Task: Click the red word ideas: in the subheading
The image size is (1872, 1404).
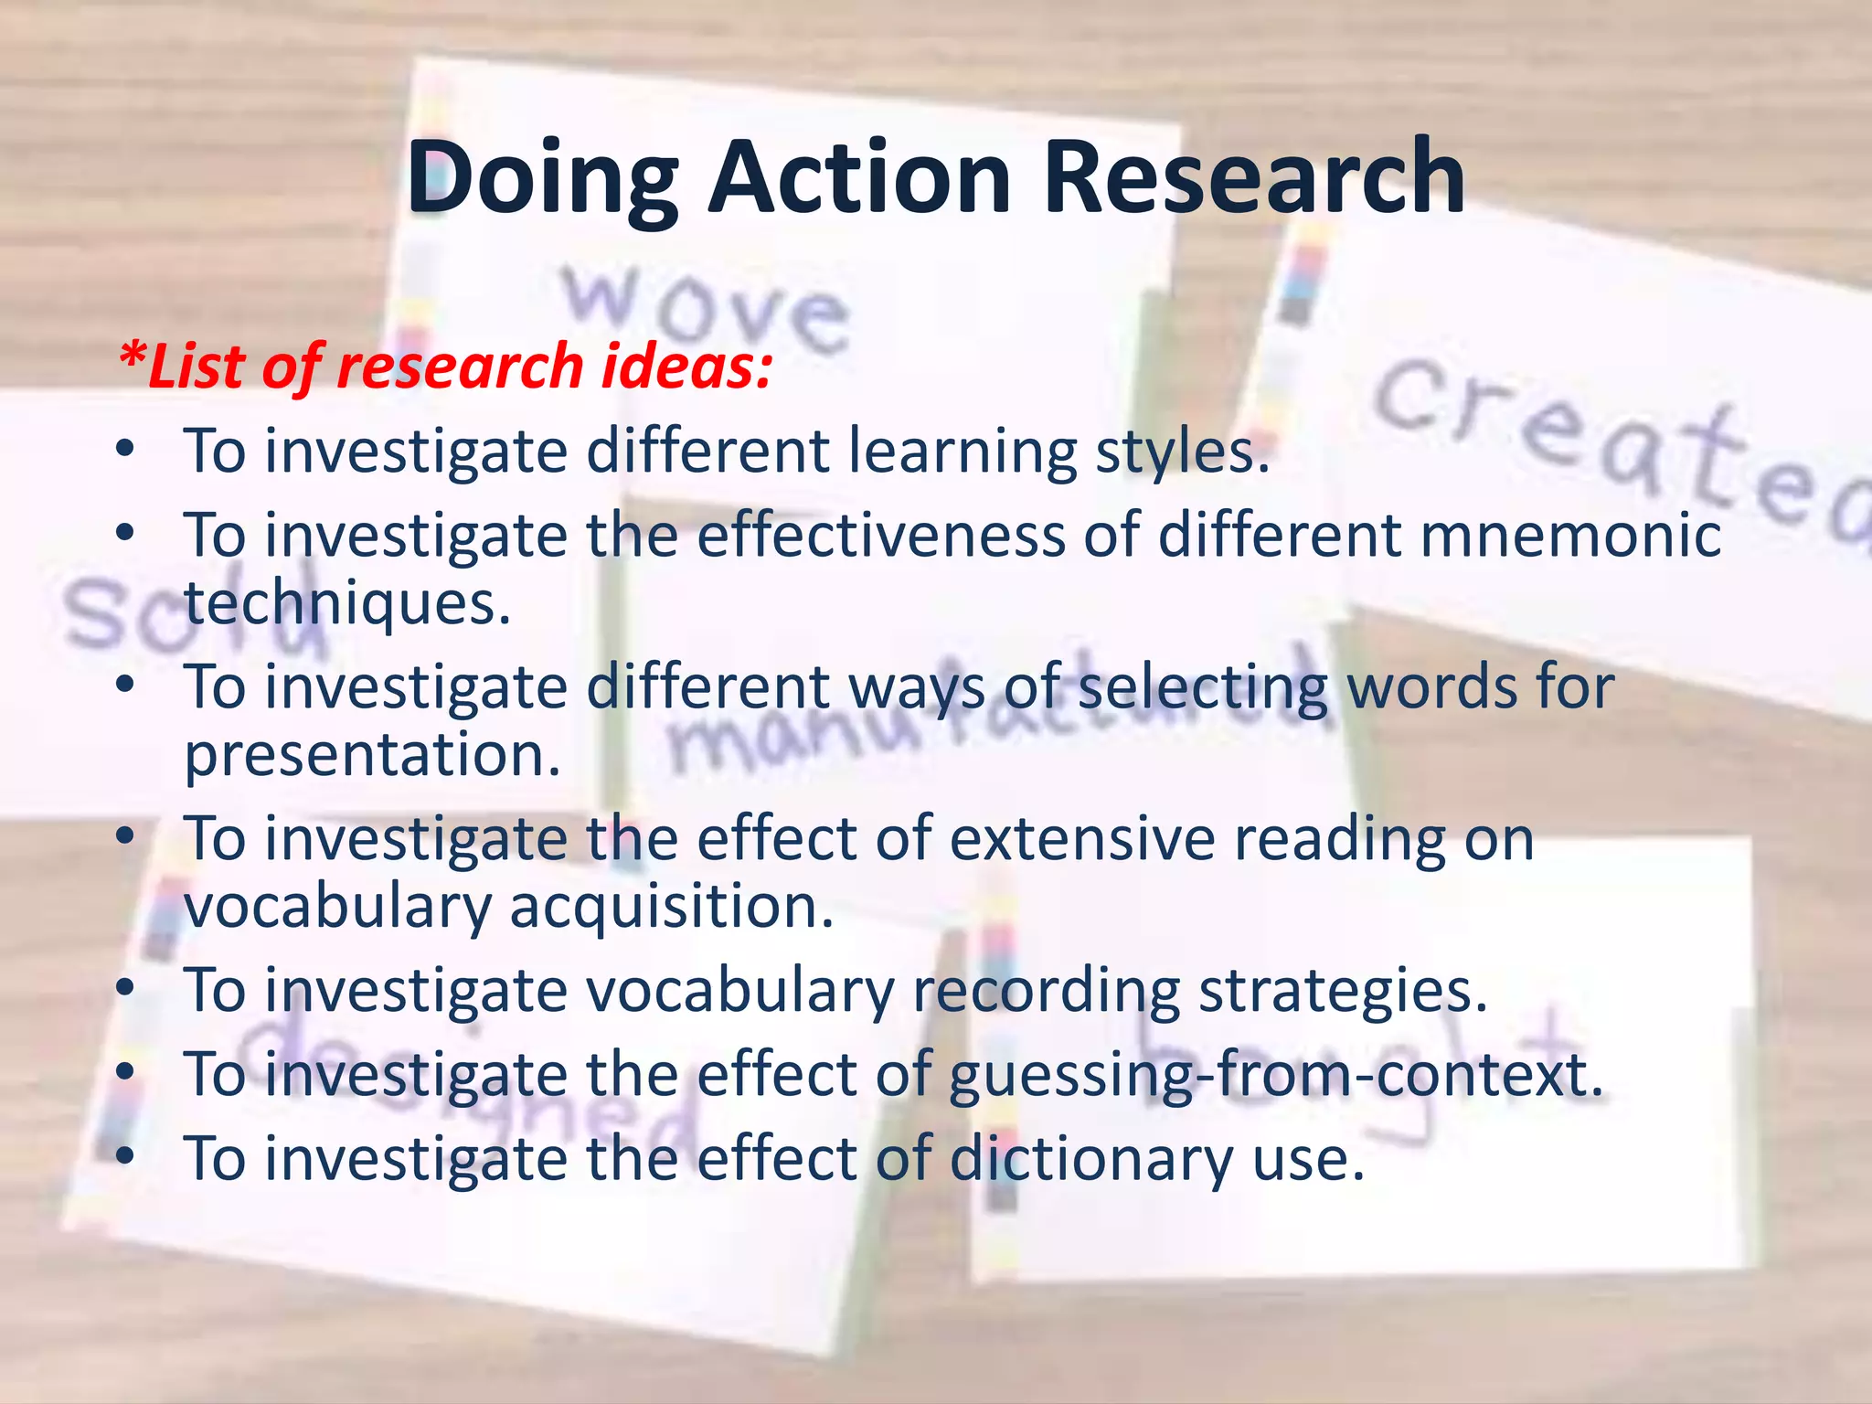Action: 686,366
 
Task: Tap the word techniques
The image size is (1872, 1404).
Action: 347,604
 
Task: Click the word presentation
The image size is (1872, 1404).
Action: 372,755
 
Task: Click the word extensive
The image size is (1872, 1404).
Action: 1082,838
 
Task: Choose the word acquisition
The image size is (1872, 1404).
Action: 671,907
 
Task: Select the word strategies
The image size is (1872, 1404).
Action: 1343,992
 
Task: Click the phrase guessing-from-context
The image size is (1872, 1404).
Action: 1276,1075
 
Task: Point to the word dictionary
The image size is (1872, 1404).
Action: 1092,1159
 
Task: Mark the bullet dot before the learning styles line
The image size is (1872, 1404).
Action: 126,450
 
